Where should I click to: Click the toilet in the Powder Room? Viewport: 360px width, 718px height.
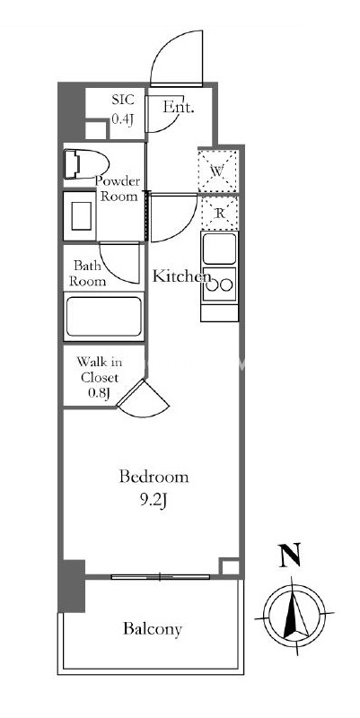[x=86, y=163]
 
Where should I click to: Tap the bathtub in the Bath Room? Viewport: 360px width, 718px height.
[x=103, y=317]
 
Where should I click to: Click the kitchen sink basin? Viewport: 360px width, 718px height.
[x=219, y=249]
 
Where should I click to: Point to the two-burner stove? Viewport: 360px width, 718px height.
[x=219, y=285]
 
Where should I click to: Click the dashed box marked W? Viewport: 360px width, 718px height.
[x=218, y=171]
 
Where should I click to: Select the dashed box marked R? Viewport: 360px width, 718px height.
[x=220, y=213]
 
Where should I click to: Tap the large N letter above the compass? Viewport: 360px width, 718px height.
[x=290, y=554]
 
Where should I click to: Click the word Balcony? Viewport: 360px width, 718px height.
[x=153, y=630]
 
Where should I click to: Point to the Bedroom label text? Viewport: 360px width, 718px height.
[x=154, y=477]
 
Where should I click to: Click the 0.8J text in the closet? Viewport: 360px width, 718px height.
[x=99, y=393]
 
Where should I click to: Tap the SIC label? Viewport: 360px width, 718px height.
[x=123, y=100]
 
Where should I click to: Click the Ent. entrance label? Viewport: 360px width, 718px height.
[x=179, y=108]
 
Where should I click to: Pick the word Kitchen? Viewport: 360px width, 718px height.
[x=182, y=276]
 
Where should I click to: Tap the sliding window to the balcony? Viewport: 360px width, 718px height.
[x=161, y=577]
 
